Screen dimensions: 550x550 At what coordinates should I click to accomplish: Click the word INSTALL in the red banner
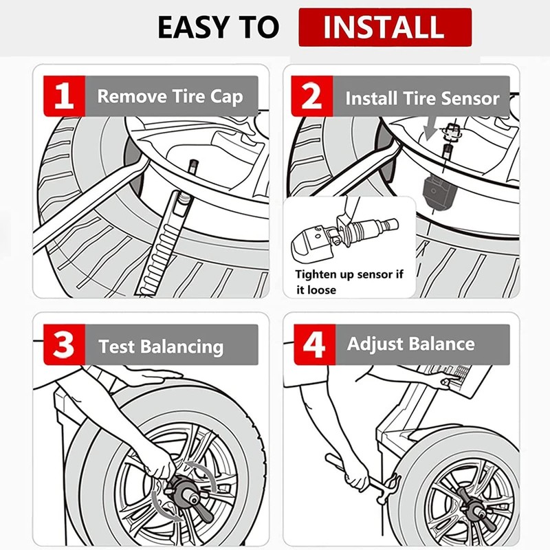[x=384, y=27]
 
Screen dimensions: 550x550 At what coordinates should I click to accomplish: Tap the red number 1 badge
[x=64, y=96]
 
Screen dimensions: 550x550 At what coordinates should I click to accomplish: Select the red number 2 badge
[x=312, y=96]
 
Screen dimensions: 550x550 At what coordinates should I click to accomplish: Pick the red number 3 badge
[x=64, y=344]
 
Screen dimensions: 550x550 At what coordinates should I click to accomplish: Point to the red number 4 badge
[x=315, y=344]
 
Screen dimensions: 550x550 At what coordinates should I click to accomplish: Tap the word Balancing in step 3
[x=184, y=347]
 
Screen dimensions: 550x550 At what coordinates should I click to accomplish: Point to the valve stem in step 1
[x=192, y=166]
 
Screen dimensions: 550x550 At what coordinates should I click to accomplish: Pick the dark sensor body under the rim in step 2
[x=437, y=190]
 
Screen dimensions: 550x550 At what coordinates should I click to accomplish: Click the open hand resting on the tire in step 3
[x=154, y=376]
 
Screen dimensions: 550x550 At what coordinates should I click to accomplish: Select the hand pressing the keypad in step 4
[x=445, y=379]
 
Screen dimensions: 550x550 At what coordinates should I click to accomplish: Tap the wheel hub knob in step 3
[x=185, y=490]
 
